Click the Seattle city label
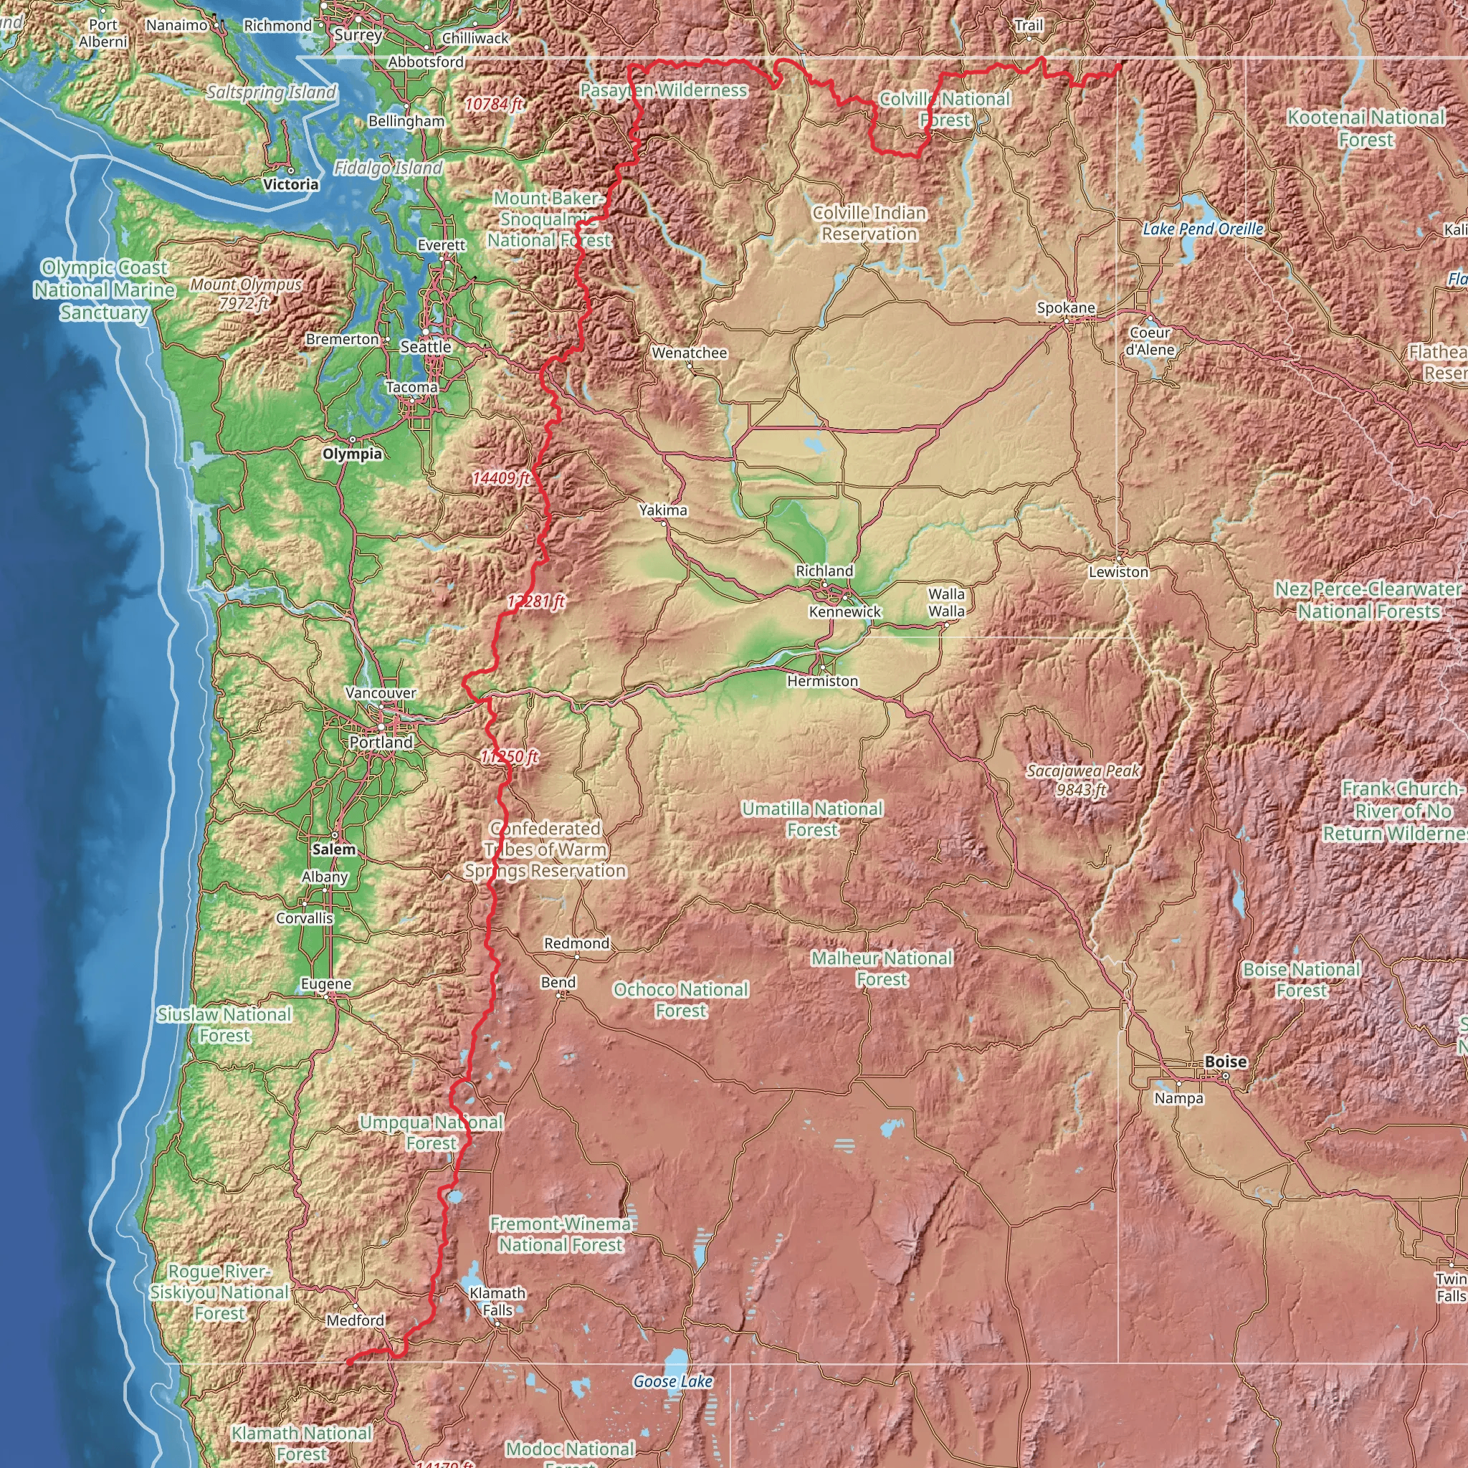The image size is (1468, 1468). [x=426, y=346]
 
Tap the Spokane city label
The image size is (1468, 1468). [x=1066, y=308]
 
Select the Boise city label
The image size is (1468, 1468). [x=1226, y=1062]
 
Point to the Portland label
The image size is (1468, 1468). [x=381, y=742]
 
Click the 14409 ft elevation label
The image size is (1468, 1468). [x=500, y=478]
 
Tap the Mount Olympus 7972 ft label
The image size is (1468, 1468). [x=245, y=294]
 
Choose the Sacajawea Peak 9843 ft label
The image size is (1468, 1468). [x=1083, y=781]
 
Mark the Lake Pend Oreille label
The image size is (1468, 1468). [x=1203, y=229]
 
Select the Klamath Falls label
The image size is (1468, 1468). [x=497, y=1301]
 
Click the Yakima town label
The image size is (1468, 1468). [x=662, y=510]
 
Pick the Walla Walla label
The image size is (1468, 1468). [x=946, y=603]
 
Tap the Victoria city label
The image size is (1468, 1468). [x=291, y=184]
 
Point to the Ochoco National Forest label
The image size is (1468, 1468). [x=681, y=1000]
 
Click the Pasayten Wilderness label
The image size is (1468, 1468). [x=663, y=90]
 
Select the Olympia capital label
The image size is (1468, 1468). [x=353, y=454]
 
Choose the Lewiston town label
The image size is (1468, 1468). [x=1118, y=571]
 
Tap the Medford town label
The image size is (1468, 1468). [x=355, y=1320]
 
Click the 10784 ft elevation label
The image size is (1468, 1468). [x=494, y=104]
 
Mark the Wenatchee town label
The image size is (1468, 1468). [x=689, y=353]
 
